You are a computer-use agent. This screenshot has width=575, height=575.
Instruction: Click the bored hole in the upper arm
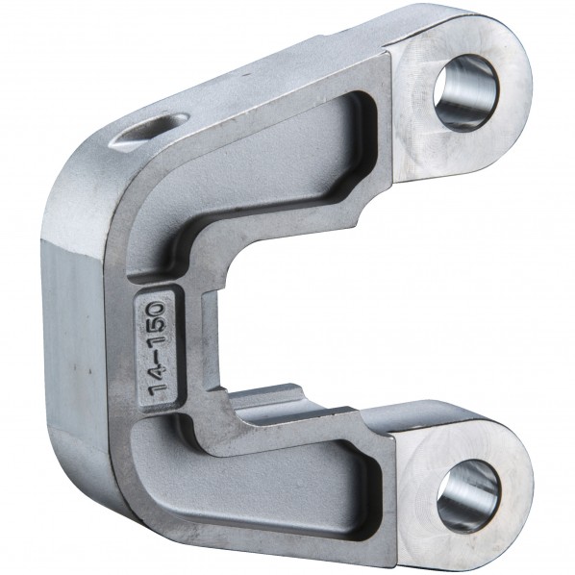(x=465, y=92)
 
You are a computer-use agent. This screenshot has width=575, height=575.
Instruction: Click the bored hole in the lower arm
(x=468, y=496)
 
